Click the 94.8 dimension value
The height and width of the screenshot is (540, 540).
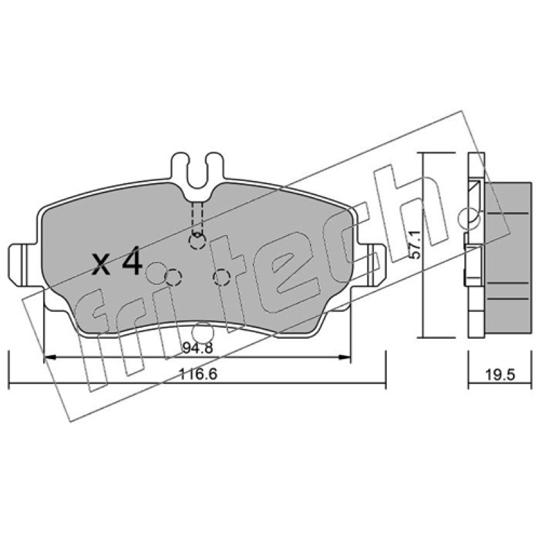198,348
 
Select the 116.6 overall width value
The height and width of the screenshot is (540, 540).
198,374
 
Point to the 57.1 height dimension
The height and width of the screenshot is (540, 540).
416,244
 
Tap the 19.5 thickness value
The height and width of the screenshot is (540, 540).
500,375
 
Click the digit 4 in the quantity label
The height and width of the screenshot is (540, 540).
132,261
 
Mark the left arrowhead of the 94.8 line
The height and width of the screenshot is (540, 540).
50,358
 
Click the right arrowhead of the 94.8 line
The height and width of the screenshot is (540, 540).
344,358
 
